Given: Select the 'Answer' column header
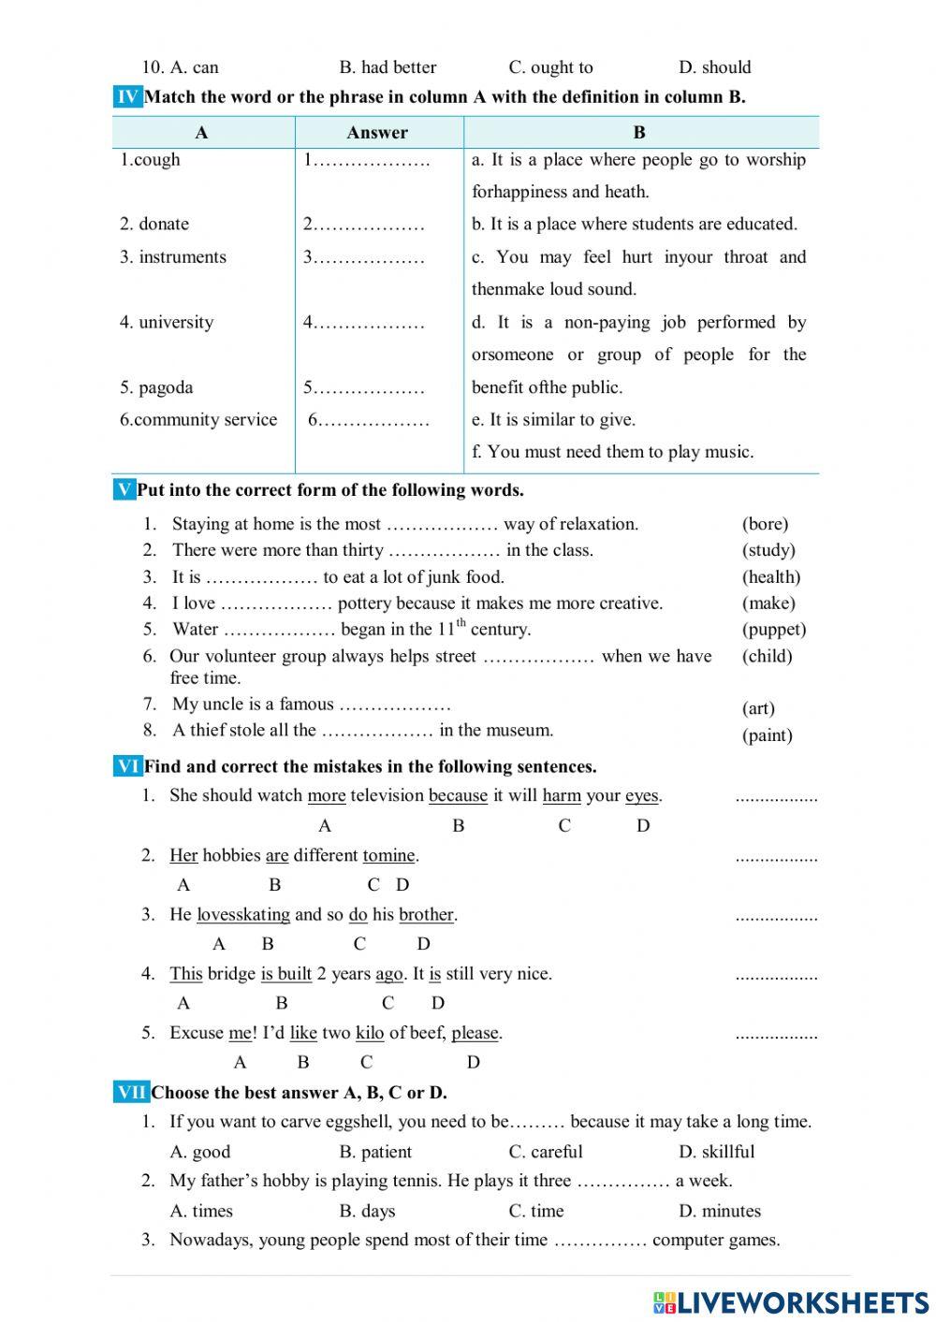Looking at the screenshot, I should tap(377, 133).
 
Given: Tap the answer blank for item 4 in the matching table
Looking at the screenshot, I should tap(364, 323).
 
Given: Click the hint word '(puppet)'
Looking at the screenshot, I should tap(773, 630).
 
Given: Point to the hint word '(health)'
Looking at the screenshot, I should tap(771, 577).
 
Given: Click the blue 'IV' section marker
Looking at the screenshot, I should tap(127, 96).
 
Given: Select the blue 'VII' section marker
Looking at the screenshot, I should tap(131, 1092).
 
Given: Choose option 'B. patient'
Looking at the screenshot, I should tap(375, 1152).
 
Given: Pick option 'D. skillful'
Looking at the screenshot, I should tap(716, 1152).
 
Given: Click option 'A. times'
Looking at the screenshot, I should tap(201, 1211).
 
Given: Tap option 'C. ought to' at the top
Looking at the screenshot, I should tap(550, 67).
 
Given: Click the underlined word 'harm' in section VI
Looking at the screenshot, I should tap(562, 796).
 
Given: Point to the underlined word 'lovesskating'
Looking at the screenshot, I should tap(242, 915).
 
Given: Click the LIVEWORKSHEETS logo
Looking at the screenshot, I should tap(790, 1302).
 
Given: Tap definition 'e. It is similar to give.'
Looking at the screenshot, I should tap(552, 420).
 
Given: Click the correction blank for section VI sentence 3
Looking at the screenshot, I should tap(776, 917).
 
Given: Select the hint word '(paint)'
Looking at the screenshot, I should tap(767, 735).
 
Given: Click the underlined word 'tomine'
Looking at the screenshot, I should tap(388, 855).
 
